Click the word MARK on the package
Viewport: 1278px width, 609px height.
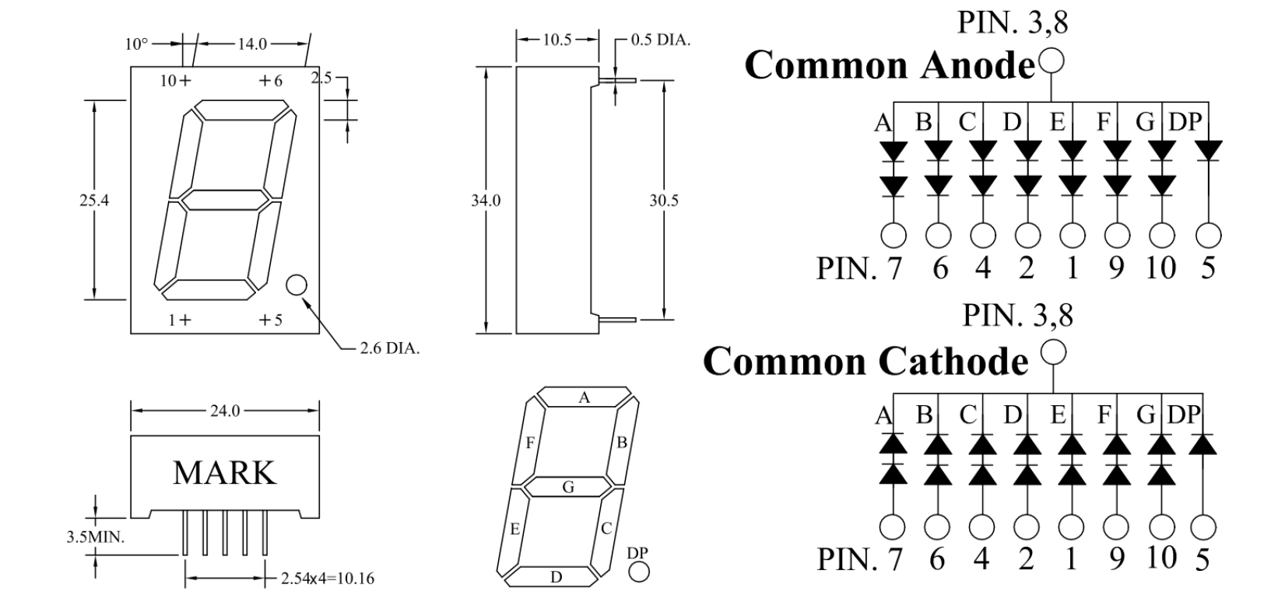pyautogui.click(x=224, y=473)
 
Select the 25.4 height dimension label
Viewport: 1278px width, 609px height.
pyautogui.click(x=94, y=200)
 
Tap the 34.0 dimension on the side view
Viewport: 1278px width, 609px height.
pyautogui.click(x=486, y=200)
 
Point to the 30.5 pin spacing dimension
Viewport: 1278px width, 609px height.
pyautogui.click(x=664, y=200)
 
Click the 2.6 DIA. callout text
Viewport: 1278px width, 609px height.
pyautogui.click(x=389, y=348)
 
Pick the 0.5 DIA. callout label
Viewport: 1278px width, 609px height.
pyautogui.click(x=660, y=40)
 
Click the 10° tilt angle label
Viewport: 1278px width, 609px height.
pyautogui.click(x=135, y=44)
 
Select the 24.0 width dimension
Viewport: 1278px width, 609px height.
pyautogui.click(x=225, y=411)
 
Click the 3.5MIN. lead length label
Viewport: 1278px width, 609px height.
pyautogui.click(x=96, y=537)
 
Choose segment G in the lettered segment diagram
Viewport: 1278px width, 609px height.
pyautogui.click(x=568, y=488)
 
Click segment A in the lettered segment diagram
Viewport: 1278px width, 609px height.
pyautogui.click(x=584, y=397)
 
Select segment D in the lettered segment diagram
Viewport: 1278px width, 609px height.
pyautogui.click(x=556, y=577)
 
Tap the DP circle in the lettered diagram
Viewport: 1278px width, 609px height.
pyautogui.click(x=638, y=572)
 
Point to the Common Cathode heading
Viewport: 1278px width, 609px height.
pyautogui.click(x=865, y=361)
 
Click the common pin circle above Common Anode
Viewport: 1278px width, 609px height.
pyautogui.click(x=1051, y=60)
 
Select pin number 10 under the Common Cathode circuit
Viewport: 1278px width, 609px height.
pyautogui.click(x=1160, y=558)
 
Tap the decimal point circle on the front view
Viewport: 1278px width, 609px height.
pyautogui.click(x=297, y=285)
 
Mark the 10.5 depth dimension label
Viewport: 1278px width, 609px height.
pyautogui.click(x=557, y=40)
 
